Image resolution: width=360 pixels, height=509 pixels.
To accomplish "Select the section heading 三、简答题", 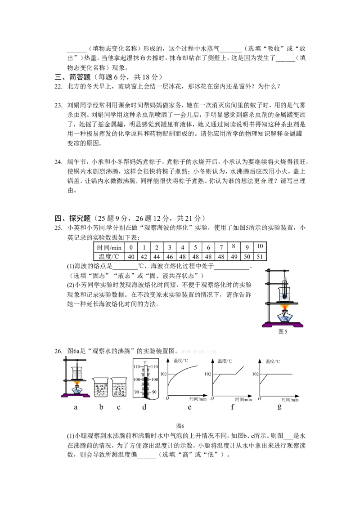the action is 72,77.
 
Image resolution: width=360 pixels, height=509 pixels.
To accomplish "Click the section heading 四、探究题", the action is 72,218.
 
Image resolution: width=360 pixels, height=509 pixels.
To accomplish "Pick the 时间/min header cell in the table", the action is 109,247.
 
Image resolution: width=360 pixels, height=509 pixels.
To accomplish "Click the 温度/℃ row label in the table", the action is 109,256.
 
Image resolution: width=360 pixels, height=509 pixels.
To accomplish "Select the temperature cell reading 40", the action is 131,256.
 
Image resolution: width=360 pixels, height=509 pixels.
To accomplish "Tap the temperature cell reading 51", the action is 260,256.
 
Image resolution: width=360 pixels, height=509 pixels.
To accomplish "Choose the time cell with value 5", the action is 195,247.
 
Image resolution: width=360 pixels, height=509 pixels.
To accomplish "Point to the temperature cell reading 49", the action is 234,256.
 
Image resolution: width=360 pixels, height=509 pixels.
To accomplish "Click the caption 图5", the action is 283,331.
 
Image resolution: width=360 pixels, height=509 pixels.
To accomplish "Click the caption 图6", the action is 180,426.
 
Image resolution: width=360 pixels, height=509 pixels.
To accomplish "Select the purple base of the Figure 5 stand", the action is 283,324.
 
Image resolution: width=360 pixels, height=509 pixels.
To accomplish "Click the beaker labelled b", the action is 101,387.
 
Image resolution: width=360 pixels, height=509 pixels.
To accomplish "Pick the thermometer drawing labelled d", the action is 145,379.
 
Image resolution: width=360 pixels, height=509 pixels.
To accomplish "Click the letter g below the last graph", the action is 279,407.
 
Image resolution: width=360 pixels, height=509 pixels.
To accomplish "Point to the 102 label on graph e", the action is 163,374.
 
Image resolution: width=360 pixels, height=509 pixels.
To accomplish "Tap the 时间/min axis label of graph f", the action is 243,400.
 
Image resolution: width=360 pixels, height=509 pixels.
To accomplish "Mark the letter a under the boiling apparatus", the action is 76,407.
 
